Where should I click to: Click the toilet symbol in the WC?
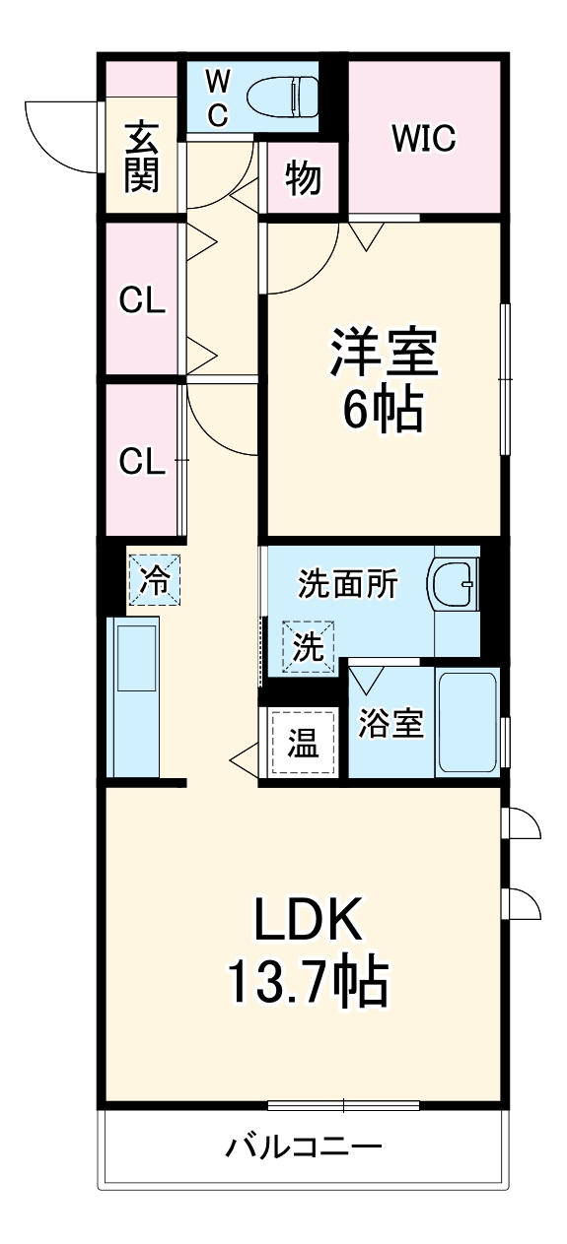280,97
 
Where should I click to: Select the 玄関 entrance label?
142,156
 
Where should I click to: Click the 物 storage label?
304,179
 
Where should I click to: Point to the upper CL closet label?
142,302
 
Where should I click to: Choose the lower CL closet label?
142,460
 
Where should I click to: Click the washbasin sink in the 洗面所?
455,587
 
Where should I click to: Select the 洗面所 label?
348,585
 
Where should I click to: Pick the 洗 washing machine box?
309,647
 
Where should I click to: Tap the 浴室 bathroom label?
390,724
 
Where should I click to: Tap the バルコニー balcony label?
304,1146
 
